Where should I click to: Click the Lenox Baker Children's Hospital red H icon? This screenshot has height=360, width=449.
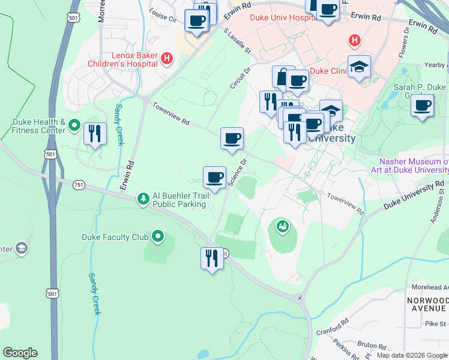pyautogui.click(x=167, y=58)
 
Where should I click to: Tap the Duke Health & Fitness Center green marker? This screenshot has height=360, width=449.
pyautogui.click(x=74, y=125)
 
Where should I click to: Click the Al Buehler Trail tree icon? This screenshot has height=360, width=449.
pyautogui.click(x=143, y=197)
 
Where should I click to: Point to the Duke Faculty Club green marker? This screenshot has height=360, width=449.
pyautogui.click(x=158, y=236)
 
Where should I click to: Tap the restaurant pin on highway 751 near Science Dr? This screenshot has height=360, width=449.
pyautogui.click(x=212, y=259)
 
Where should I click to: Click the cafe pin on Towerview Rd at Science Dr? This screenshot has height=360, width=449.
pyautogui.click(x=232, y=139)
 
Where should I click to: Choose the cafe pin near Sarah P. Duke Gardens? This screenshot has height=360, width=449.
pyautogui.click(x=423, y=106)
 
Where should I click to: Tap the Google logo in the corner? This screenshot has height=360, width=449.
pyautogui.click(x=20, y=353)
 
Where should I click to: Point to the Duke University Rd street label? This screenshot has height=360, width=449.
pyautogui.click(x=414, y=196)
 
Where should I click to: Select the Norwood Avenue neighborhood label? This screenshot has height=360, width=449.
pyautogui.click(x=426, y=304)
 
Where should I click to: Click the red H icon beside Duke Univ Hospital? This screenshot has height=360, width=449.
pyautogui.click(x=355, y=40)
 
